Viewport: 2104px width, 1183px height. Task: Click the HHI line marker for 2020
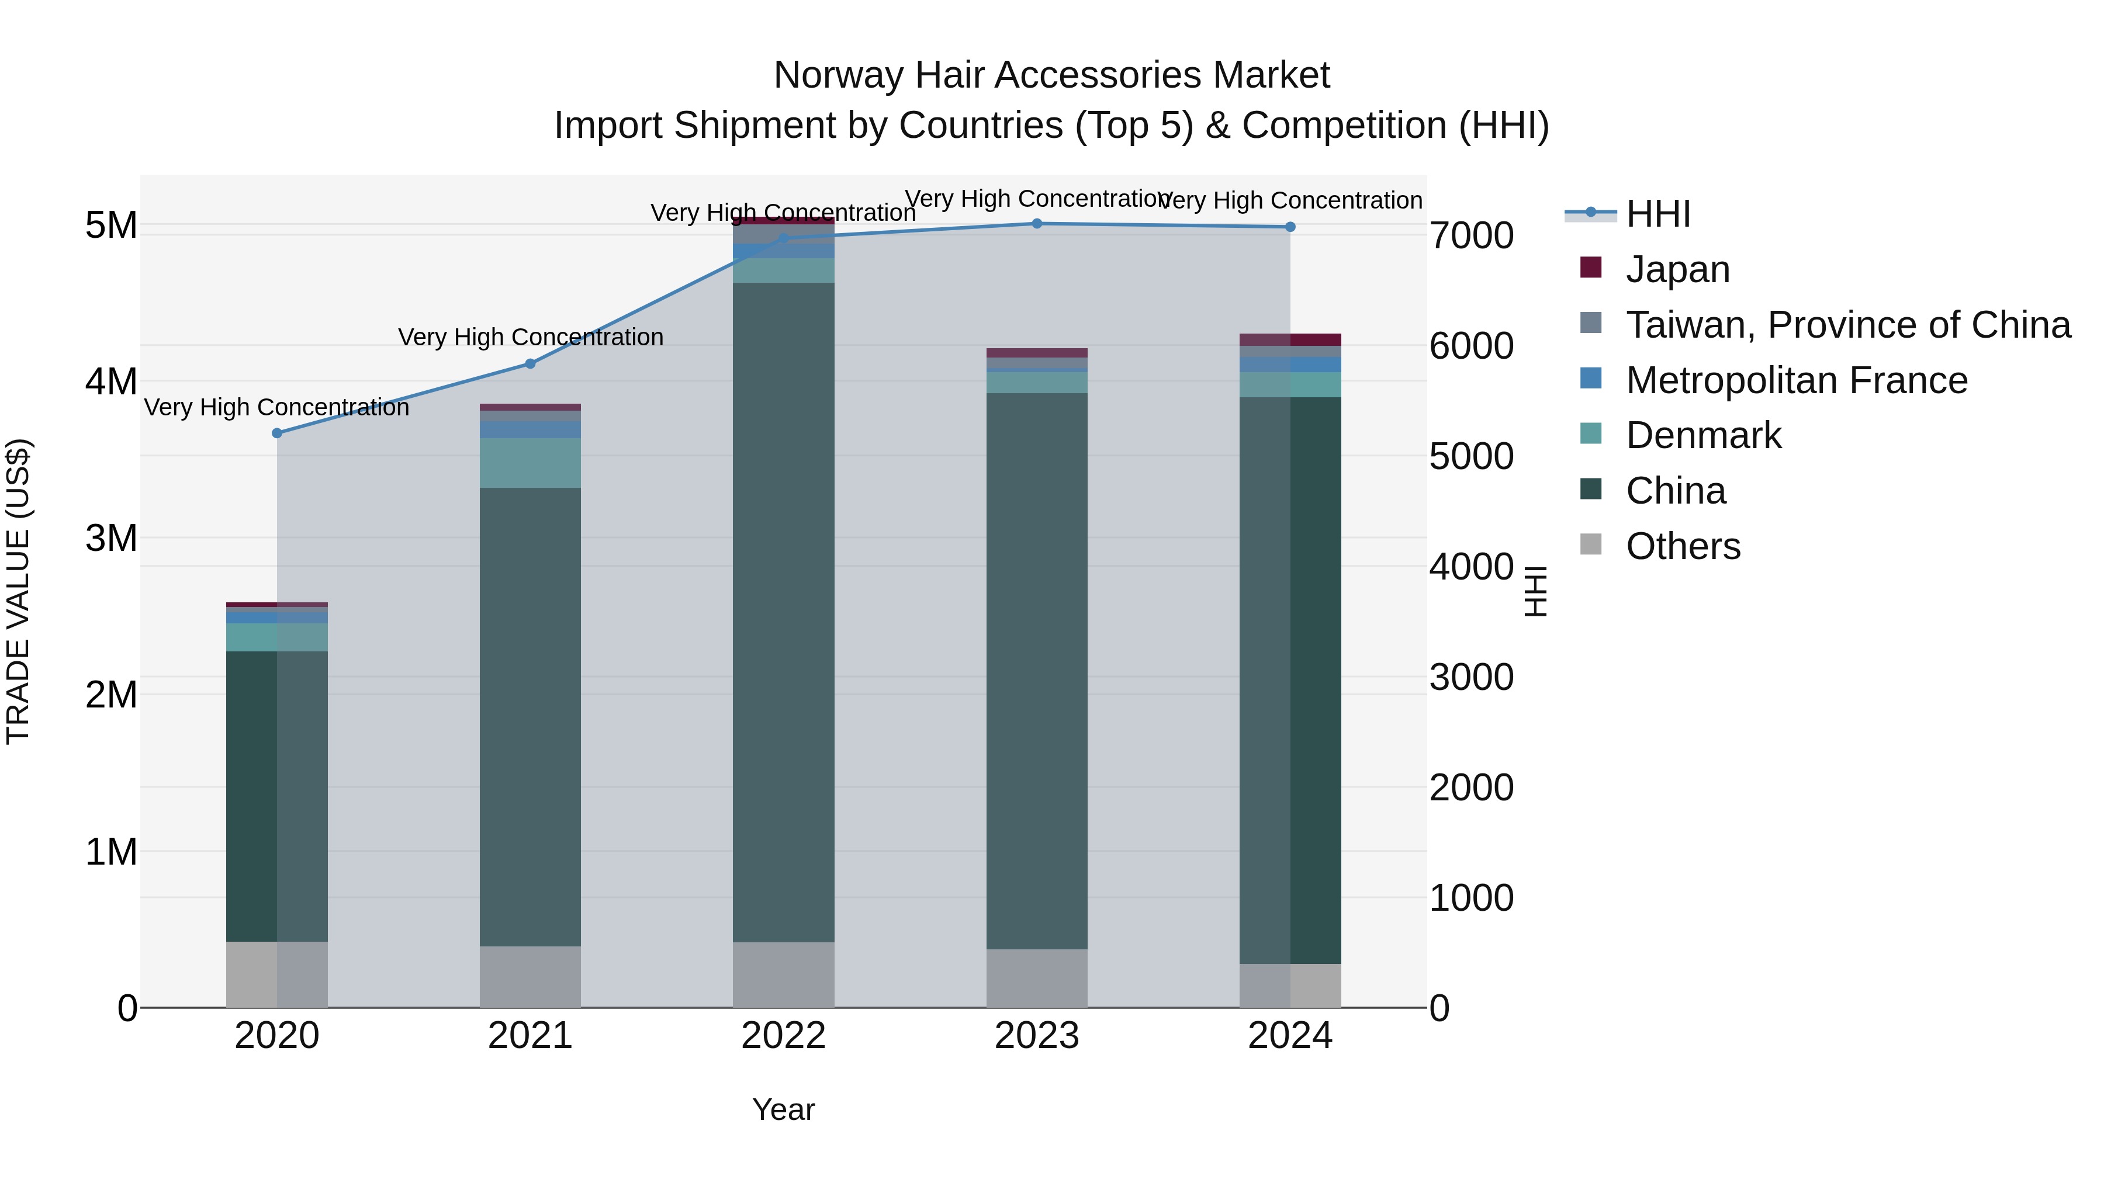(x=277, y=433)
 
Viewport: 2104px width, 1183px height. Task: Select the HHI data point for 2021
(x=530, y=363)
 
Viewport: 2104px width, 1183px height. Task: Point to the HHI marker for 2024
(x=1290, y=227)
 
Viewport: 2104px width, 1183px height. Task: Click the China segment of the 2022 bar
(x=783, y=612)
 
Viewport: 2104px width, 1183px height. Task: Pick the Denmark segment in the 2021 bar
(x=530, y=463)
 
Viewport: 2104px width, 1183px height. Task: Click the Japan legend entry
(x=1677, y=269)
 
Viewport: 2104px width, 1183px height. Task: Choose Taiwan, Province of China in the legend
(x=1847, y=325)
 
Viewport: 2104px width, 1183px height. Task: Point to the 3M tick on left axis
(x=111, y=538)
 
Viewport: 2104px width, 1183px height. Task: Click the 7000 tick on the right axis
(x=1471, y=236)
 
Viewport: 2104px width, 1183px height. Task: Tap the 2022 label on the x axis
(x=783, y=1036)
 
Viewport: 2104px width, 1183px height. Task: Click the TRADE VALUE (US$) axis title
(x=18, y=591)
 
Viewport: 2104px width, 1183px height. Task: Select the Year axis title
(x=783, y=1109)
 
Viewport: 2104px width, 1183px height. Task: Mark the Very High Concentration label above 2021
(x=530, y=337)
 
